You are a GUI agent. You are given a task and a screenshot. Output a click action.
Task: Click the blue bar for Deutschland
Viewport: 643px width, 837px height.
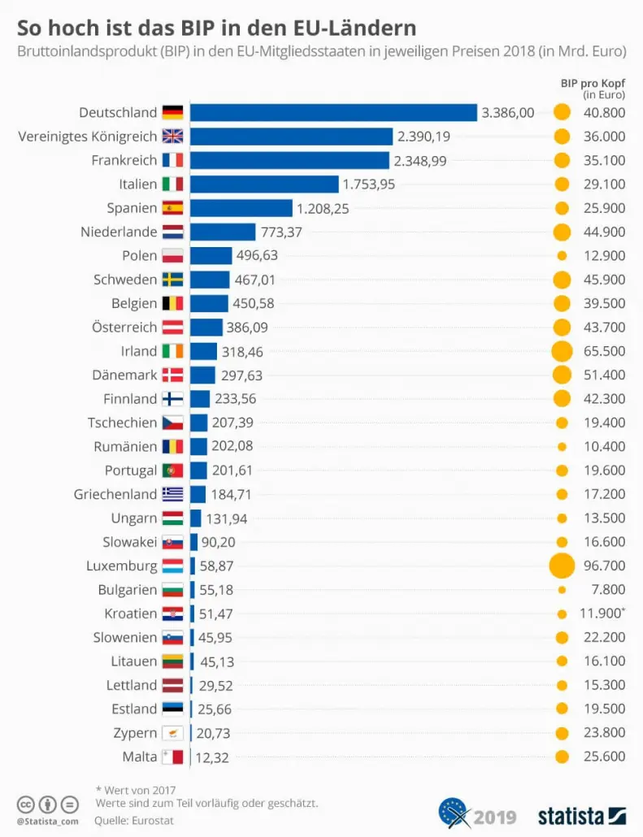pos(333,113)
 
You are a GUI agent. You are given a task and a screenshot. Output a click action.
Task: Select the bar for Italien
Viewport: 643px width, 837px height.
pos(264,184)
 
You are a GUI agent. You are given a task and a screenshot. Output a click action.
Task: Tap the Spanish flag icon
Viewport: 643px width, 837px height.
pos(172,208)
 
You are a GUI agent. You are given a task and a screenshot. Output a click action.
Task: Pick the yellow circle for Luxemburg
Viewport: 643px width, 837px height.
pos(562,566)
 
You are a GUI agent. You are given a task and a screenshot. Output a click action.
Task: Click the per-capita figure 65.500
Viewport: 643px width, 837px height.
pos(604,351)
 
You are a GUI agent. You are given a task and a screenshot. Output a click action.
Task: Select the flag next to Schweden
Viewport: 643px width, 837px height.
pos(172,280)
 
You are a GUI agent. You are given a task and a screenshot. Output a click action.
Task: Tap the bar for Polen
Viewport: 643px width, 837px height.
pos(211,256)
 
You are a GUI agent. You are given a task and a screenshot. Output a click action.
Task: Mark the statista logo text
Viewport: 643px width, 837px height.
pos(570,815)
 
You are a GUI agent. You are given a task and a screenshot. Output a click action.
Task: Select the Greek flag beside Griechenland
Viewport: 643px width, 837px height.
pos(172,494)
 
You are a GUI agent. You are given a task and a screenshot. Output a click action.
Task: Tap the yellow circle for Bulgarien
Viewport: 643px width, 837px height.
pos(562,589)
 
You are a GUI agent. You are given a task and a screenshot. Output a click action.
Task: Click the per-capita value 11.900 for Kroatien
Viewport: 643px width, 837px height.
pos(604,614)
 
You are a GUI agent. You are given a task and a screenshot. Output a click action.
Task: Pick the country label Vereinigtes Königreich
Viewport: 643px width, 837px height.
pos(88,137)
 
